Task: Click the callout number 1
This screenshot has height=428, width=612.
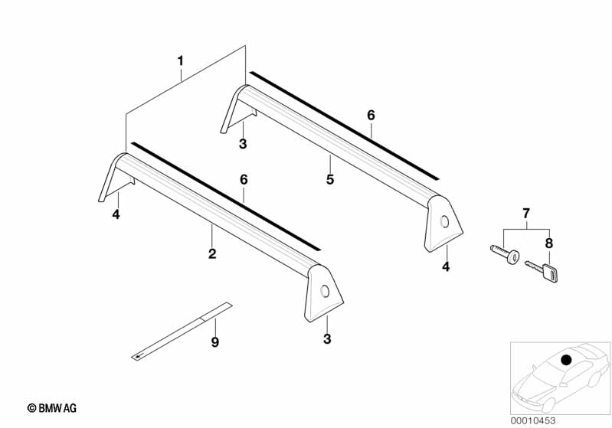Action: tap(180, 61)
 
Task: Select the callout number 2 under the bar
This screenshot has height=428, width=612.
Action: tap(212, 254)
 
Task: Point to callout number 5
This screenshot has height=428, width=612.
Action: tap(330, 179)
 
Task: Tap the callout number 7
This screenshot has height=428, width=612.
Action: tap(526, 214)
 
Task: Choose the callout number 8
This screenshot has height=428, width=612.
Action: tap(548, 243)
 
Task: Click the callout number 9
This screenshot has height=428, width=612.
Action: tap(214, 342)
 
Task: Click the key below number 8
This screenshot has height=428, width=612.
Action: tap(542, 270)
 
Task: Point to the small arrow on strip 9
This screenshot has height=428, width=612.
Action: tap(139, 355)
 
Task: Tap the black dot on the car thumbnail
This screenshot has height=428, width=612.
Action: tap(565, 359)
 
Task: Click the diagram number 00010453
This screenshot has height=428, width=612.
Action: tap(533, 420)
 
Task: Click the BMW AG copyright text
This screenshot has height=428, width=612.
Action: tap(52, 408)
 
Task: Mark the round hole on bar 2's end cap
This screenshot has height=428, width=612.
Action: tap(325, 292)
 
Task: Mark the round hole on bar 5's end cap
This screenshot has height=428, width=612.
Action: tap(444, 222)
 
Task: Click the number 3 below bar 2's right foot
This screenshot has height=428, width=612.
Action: tap(327, 339)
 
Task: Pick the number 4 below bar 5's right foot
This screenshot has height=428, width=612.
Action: tap(446, 267)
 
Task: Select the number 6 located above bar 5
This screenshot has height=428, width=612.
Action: tap(371, 115)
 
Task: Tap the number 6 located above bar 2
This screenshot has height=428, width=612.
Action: tap(244, 179)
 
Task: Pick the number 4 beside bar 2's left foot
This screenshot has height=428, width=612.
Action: tap(116, 214)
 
